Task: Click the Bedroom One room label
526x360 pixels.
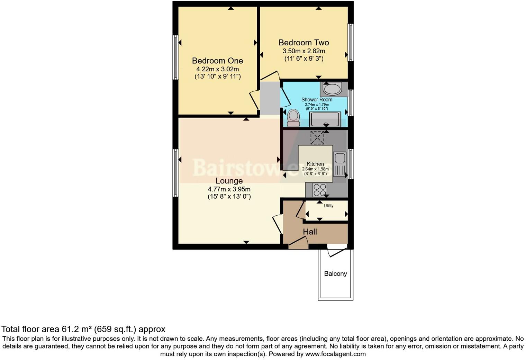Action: (x=217, y=61)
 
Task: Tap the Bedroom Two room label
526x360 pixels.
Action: (x=303, y=43)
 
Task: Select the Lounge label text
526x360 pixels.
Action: (x=229, y=181)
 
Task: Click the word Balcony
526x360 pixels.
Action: (x=335, y=273)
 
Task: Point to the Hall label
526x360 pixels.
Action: (x=310, y=232)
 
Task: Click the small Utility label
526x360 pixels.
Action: (x=328, y=206)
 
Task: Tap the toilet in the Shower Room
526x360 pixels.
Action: (x=293, y=118)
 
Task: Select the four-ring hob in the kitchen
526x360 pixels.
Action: (x=319, y=189)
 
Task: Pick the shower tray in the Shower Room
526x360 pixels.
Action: (x=325, y=120)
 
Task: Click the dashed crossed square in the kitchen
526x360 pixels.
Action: (x=317, y=138)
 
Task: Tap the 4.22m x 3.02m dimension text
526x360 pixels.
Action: (x=217, y=69)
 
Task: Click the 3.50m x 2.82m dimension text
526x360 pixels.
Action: (x=303, y=51)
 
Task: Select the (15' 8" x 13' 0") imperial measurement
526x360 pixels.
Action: (x=229, y=197)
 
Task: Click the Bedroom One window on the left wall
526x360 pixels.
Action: (x=176, y=57)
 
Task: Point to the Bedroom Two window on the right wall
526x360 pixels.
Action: (x=351, y=42)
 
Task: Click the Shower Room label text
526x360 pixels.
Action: (x=317, y=100)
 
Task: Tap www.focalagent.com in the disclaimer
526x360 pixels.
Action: (x=335, y=354)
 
